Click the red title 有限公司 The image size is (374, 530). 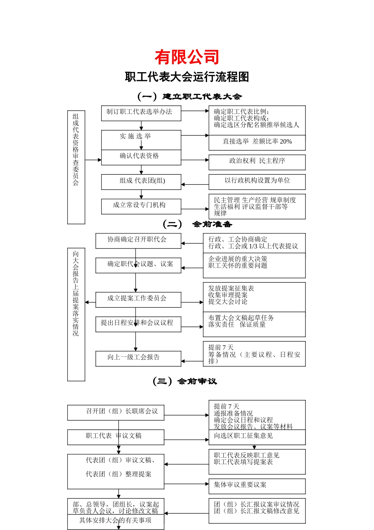[187, 58]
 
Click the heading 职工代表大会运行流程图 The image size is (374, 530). [187, 77]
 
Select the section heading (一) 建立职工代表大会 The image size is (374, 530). [189, 97]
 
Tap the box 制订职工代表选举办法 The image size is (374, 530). [141, 113]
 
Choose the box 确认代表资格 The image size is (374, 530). [141, 157]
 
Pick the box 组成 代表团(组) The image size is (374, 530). [141, 181]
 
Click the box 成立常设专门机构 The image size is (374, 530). [141, 206]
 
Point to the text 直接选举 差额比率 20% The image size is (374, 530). [257, 142]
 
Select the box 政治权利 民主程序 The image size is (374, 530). [257, 162]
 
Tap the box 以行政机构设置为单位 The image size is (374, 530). [257, 181]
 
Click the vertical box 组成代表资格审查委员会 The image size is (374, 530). [76, 167]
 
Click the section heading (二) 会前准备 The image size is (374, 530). [197, 224]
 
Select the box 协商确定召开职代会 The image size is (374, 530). [138, 240]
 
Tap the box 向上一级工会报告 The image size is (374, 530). [138, 358]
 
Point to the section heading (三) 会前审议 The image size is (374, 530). [185, 381]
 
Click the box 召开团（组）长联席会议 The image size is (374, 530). [115, 412]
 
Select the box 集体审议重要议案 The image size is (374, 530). [257, 485]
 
